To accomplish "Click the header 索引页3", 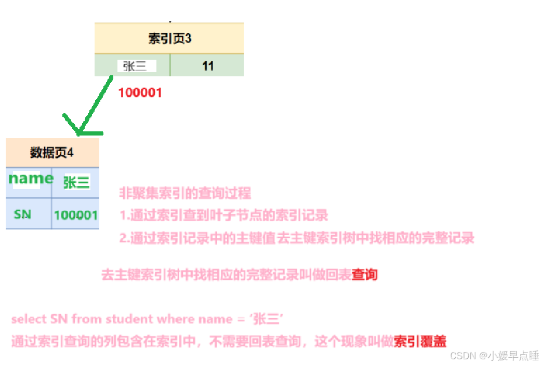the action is coord(169,38).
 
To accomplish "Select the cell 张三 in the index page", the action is coord(133,66).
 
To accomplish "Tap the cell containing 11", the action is coord(207,66).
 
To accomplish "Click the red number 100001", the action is coord(140,93).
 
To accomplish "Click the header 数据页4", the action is coord(52,153).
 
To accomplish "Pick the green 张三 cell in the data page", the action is coord(76,182).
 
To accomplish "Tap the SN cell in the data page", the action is coord(23,213).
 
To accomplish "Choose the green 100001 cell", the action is coord(76,214).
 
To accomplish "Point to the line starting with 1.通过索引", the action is coord(224,215).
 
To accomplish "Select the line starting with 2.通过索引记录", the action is coord(297,238).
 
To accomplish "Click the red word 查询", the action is coord(364,274).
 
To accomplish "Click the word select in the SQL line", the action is coord(29,319).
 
